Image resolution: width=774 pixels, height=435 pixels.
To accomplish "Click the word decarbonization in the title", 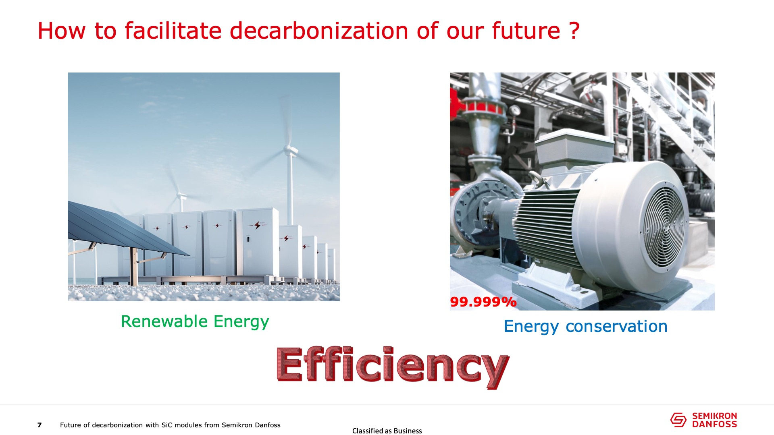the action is pos(320,31).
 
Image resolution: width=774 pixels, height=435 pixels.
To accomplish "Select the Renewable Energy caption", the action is pos(195,322).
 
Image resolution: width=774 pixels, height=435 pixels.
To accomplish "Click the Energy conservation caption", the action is pos(585,327).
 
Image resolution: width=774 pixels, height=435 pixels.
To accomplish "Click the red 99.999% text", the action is pos(483,302).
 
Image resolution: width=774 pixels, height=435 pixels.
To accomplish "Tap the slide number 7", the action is pos(40,425).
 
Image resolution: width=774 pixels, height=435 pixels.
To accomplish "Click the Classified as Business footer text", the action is pos(387,431).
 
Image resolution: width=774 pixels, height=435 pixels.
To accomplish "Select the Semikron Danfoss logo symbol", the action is pos(678,420).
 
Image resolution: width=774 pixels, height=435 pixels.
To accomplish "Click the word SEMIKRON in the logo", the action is pos(714,416).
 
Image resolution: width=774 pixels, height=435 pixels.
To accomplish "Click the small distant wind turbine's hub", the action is pos(181,196).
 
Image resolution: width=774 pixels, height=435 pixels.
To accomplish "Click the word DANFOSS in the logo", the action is pos(714,424).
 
